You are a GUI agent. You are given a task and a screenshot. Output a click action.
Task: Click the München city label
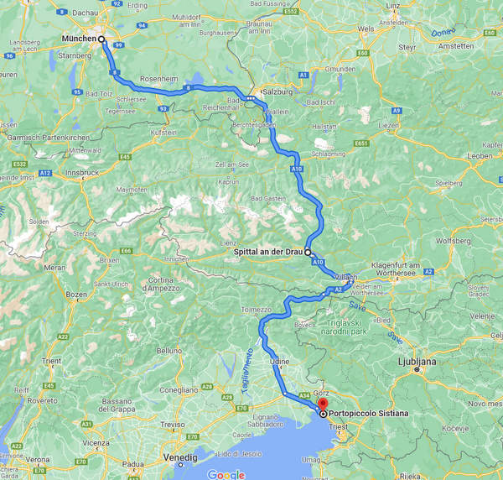[x=80, y=39]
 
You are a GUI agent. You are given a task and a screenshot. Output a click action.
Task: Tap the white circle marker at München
[x=101, y=39]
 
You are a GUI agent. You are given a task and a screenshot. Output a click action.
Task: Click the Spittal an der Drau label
[x=269, y=252]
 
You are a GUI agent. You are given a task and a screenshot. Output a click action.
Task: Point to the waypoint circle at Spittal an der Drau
[x=308, y=252]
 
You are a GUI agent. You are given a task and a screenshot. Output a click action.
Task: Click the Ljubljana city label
[x=416, y=361]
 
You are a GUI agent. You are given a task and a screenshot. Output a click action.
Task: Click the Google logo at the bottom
[x=226, y=474]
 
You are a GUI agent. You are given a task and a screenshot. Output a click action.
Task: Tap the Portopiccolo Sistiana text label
[x=369, y=414]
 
